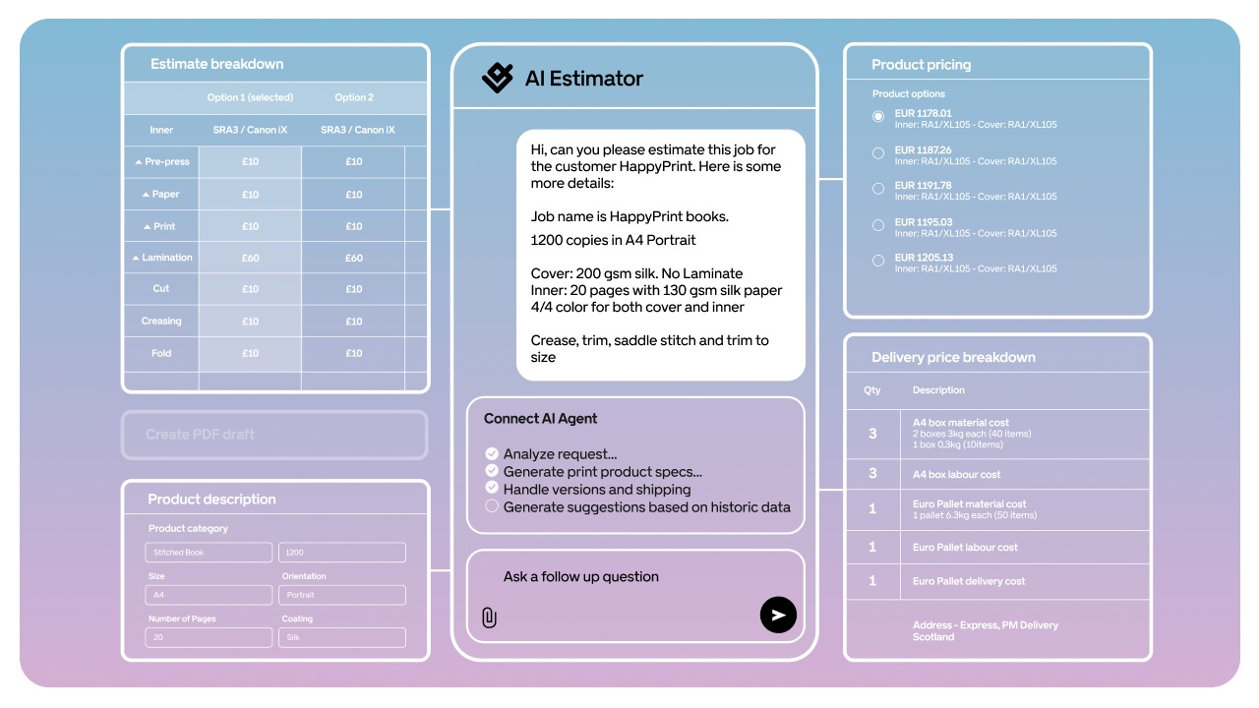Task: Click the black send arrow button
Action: pos(778,616)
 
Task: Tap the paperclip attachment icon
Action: pos(489,618)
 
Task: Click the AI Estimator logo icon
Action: pos(498,78)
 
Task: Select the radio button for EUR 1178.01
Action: pos(878,116)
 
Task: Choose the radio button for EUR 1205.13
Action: pos(878,261)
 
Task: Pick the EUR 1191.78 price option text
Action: pos(923,185)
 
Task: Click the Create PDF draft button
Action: pos(274,435)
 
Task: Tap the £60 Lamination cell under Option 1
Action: pos(251,258)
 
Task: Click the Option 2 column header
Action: pos(354,97)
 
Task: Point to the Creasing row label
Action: pos(161,321)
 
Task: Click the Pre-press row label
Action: pos(162,161)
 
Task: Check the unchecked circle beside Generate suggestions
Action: pos(492,506)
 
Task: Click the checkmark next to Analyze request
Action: pos(492,453)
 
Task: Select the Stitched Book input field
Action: pos(209,553)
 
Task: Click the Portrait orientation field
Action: pos(342,595)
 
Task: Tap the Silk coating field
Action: pos(342,637)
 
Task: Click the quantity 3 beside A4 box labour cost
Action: pos(872,474)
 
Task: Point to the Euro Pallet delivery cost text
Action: pos(969,581)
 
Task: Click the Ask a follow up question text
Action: pos(581,577)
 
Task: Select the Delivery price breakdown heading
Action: pos(953,357)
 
